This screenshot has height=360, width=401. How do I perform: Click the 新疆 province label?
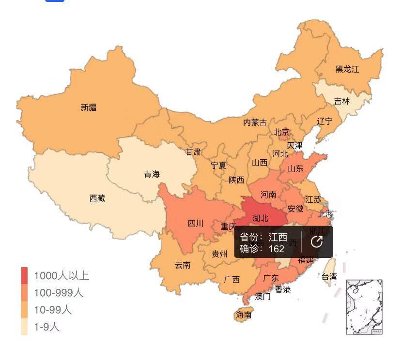click(x=89, y=107)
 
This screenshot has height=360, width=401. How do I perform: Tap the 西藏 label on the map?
click(x=97, y=198)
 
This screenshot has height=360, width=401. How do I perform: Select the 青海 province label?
click(x=152, y=174)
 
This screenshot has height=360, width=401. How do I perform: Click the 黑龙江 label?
click(x=347, y=69)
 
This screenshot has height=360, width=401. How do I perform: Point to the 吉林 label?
click(x=342, y=101)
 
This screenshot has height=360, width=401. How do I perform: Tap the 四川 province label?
click(x=196, y=223)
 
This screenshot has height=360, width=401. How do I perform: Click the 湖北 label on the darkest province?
click(x=260, y=218)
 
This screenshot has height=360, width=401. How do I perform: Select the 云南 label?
click(x=183, y=265)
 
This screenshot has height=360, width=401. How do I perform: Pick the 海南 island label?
click(x=244, y=315)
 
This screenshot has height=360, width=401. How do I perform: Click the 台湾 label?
click(x=329, y=277)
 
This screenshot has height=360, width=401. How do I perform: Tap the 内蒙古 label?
click(x=255, y=122)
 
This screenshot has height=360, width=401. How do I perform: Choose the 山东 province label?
click(x=295, y=168)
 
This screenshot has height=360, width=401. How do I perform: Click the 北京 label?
click(x=281, y=132)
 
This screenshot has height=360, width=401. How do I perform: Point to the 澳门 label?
click(x=263, y=297)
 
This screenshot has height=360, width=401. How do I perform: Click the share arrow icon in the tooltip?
click(x=317, y=242)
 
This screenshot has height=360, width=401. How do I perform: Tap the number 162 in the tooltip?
click(x=276, y=249)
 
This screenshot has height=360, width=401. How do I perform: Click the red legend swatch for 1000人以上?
click(x=24, y=276)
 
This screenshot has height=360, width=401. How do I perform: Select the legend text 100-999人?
click(x=59, y=293)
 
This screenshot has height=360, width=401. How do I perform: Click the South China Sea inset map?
click(x=364, y=307)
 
